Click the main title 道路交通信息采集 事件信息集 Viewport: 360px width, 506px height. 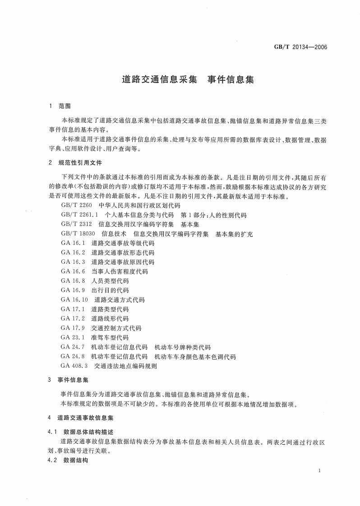pyautogui.click(x=188, y=79)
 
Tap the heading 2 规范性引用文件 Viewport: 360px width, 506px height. pyautogui.click(x=75, y=162)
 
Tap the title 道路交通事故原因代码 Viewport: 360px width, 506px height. pyautogui.click(x=123, y=262)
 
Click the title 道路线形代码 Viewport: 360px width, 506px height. pyautogui.click(x=110, y=318)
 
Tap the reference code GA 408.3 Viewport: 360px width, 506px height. pyautogui.click(x=76, y=366)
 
